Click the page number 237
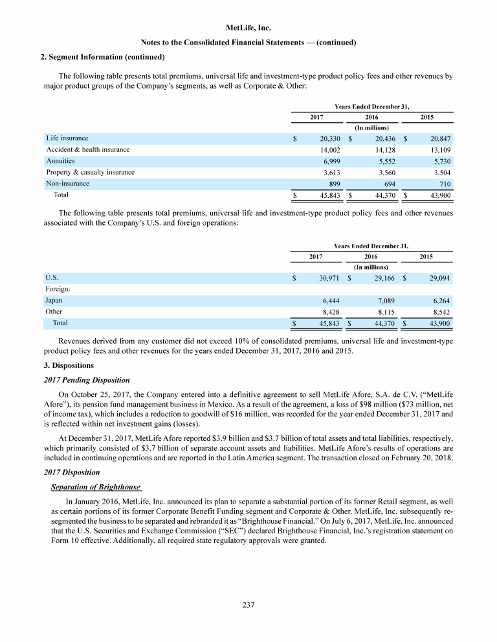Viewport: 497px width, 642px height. [x=248, y=605]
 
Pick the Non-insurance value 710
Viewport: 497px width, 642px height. [x=443, y=184]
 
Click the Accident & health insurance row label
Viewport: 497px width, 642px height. [x=87, y=149]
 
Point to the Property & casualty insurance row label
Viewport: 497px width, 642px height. [x=90, y=172]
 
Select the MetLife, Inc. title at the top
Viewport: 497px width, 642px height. [x=248, y=28]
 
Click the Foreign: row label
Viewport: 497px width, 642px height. [x=58, y=290]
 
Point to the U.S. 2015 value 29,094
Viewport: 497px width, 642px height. [x=436, y=278]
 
